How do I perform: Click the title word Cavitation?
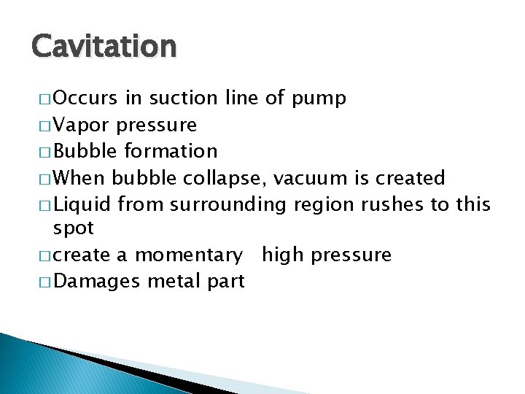[104, 46]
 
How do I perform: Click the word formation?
[171, 151]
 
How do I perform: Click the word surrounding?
[229, 205]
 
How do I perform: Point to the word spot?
[74, 228]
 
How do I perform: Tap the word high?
[285, 255]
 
